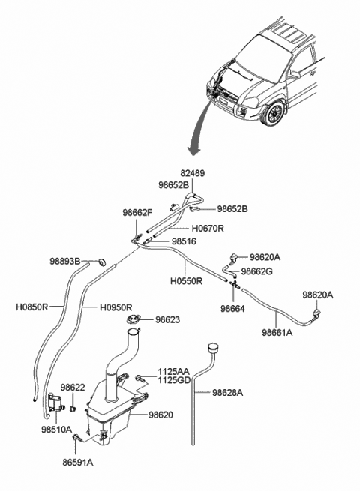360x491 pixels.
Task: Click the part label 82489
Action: pyautogui.click(x=193, y=173)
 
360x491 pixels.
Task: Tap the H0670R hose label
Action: pyautogui.click(x=208, y=229)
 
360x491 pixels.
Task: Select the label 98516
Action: pyautogui.click(x=184, y=241)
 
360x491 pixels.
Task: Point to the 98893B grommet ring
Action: pyautogui.click(x=101, y=261)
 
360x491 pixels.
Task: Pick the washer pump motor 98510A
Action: pyautogui.click(x=55, y=403)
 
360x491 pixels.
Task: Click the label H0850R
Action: pyautogui.click(x=32, y=307)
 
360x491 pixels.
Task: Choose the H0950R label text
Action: pyautogui.click(x=116, y=307)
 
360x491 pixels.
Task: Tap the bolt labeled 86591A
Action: pyautogui.click(x=77, y=438)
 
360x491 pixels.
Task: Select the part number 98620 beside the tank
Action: pyautogui.click(x=160, y=415)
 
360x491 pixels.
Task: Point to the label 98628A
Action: pyautogui.click(x=227, y=392)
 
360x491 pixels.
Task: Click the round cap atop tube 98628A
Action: pyautogui.click(x=213, y=348)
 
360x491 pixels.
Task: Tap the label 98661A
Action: pyautogui.click(x=277, y=333)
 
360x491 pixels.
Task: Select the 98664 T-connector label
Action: pyautogui.click(x=232, y=309)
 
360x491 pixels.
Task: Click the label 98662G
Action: pyautogui.click(x=257, y=271)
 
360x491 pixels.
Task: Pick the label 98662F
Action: pyautogui.click(x=137, y=213)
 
